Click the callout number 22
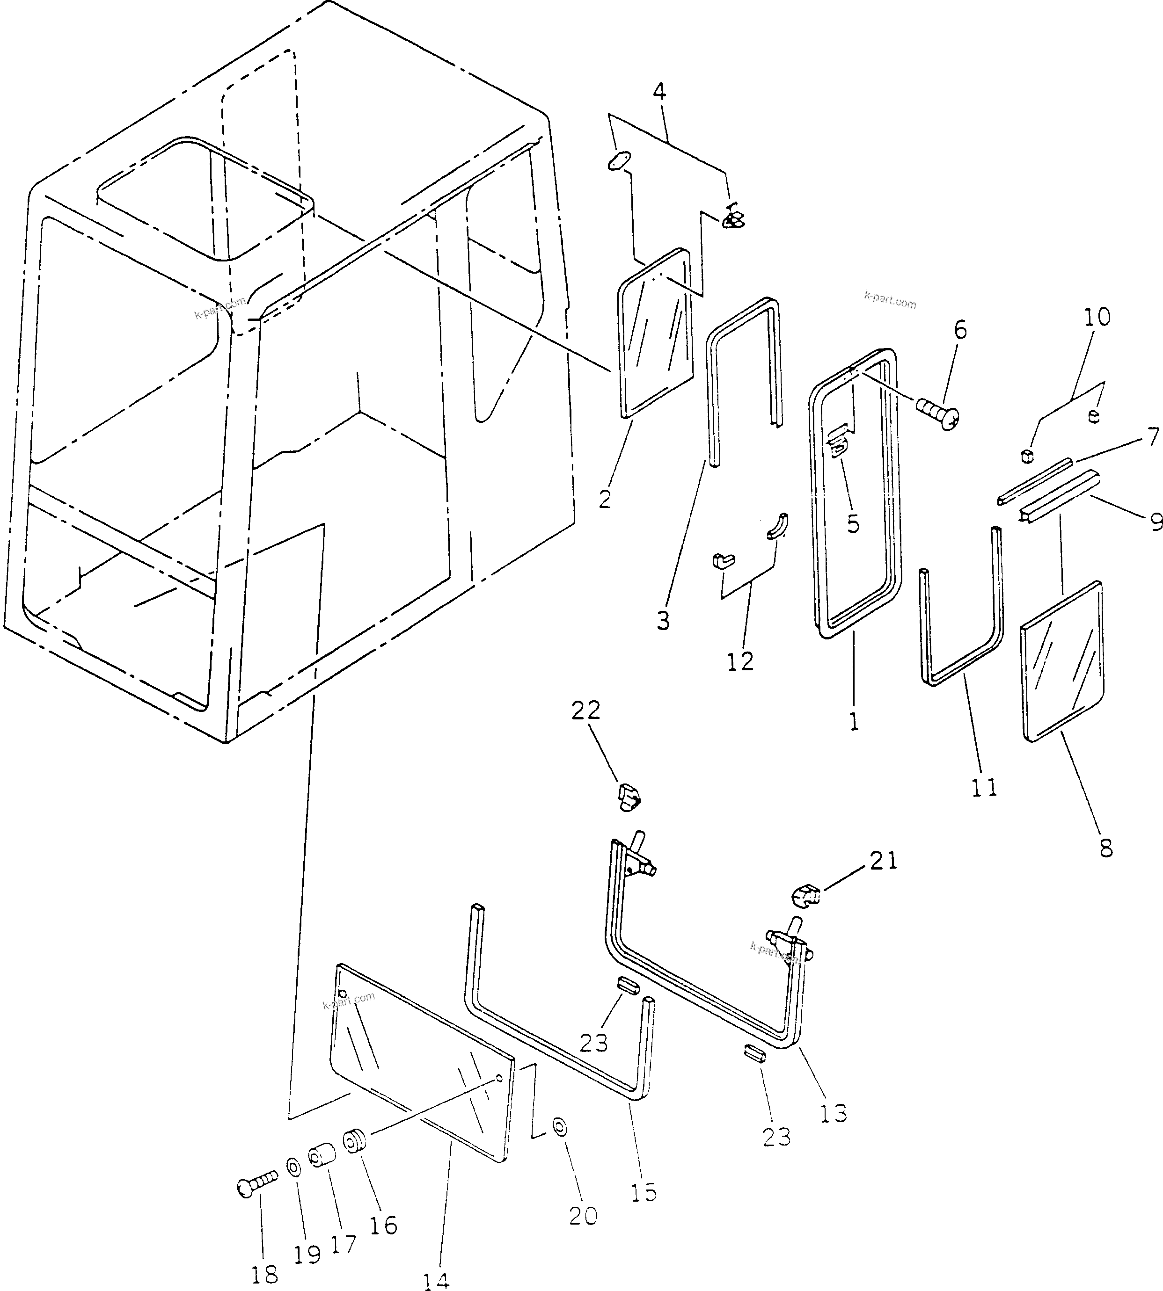tap(586, 711)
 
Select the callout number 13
tap(833, 1112)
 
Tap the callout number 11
tap(984, 788)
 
